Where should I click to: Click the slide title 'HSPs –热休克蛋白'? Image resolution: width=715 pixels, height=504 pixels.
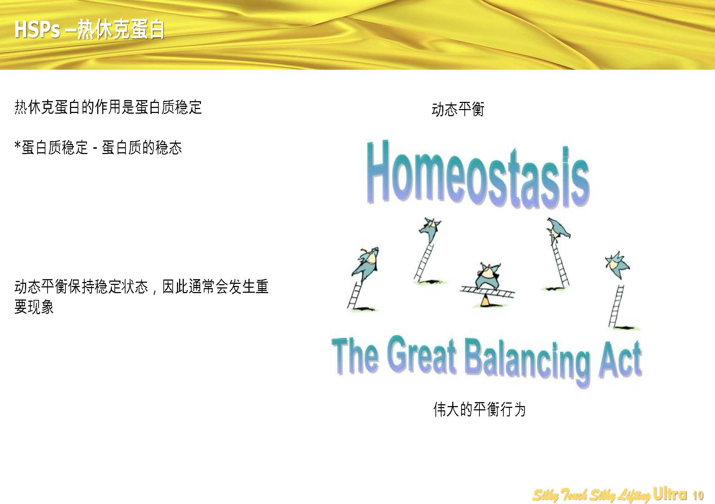[89, 29]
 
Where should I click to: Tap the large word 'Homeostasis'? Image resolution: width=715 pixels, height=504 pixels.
[478, 175]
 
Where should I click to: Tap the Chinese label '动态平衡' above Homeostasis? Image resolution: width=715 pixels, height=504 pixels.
[458, 109]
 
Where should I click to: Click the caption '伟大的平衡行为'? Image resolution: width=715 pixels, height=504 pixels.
[479, 410]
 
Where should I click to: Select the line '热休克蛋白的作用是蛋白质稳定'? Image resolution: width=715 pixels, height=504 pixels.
[108, 107]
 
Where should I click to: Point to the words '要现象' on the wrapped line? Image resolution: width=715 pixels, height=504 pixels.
[34, 307]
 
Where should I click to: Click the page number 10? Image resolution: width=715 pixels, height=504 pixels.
[698, 495]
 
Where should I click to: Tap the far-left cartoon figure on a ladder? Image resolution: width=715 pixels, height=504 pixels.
[365, 262]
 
